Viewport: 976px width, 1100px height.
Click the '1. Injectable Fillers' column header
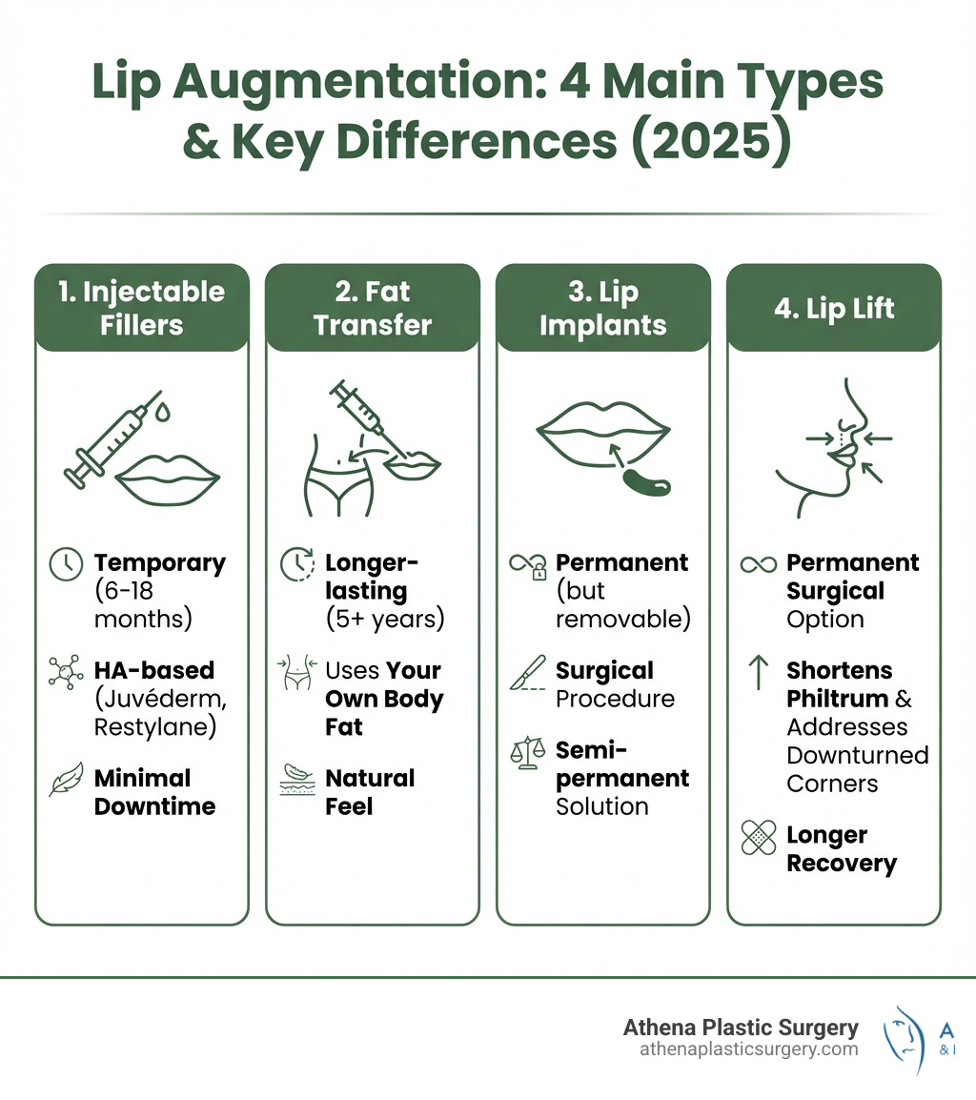142,308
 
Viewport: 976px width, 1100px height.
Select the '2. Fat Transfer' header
373,308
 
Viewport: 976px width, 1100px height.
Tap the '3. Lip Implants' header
603,308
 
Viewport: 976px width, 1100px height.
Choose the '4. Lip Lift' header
834,308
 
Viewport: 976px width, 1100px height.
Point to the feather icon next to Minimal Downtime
64,781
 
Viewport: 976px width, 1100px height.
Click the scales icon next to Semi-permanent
525,752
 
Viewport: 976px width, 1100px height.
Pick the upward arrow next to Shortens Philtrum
759,672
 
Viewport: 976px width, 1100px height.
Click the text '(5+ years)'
385,619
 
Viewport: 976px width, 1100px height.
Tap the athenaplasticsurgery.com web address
748,1049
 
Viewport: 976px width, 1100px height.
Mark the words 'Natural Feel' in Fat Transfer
371,792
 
